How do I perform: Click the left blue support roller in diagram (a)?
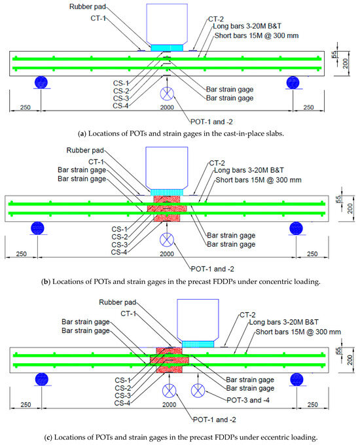point(41,82)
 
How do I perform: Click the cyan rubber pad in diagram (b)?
point(168,192)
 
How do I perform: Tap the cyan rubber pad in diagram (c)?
point(198,343)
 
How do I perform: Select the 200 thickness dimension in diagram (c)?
point(351,353)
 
